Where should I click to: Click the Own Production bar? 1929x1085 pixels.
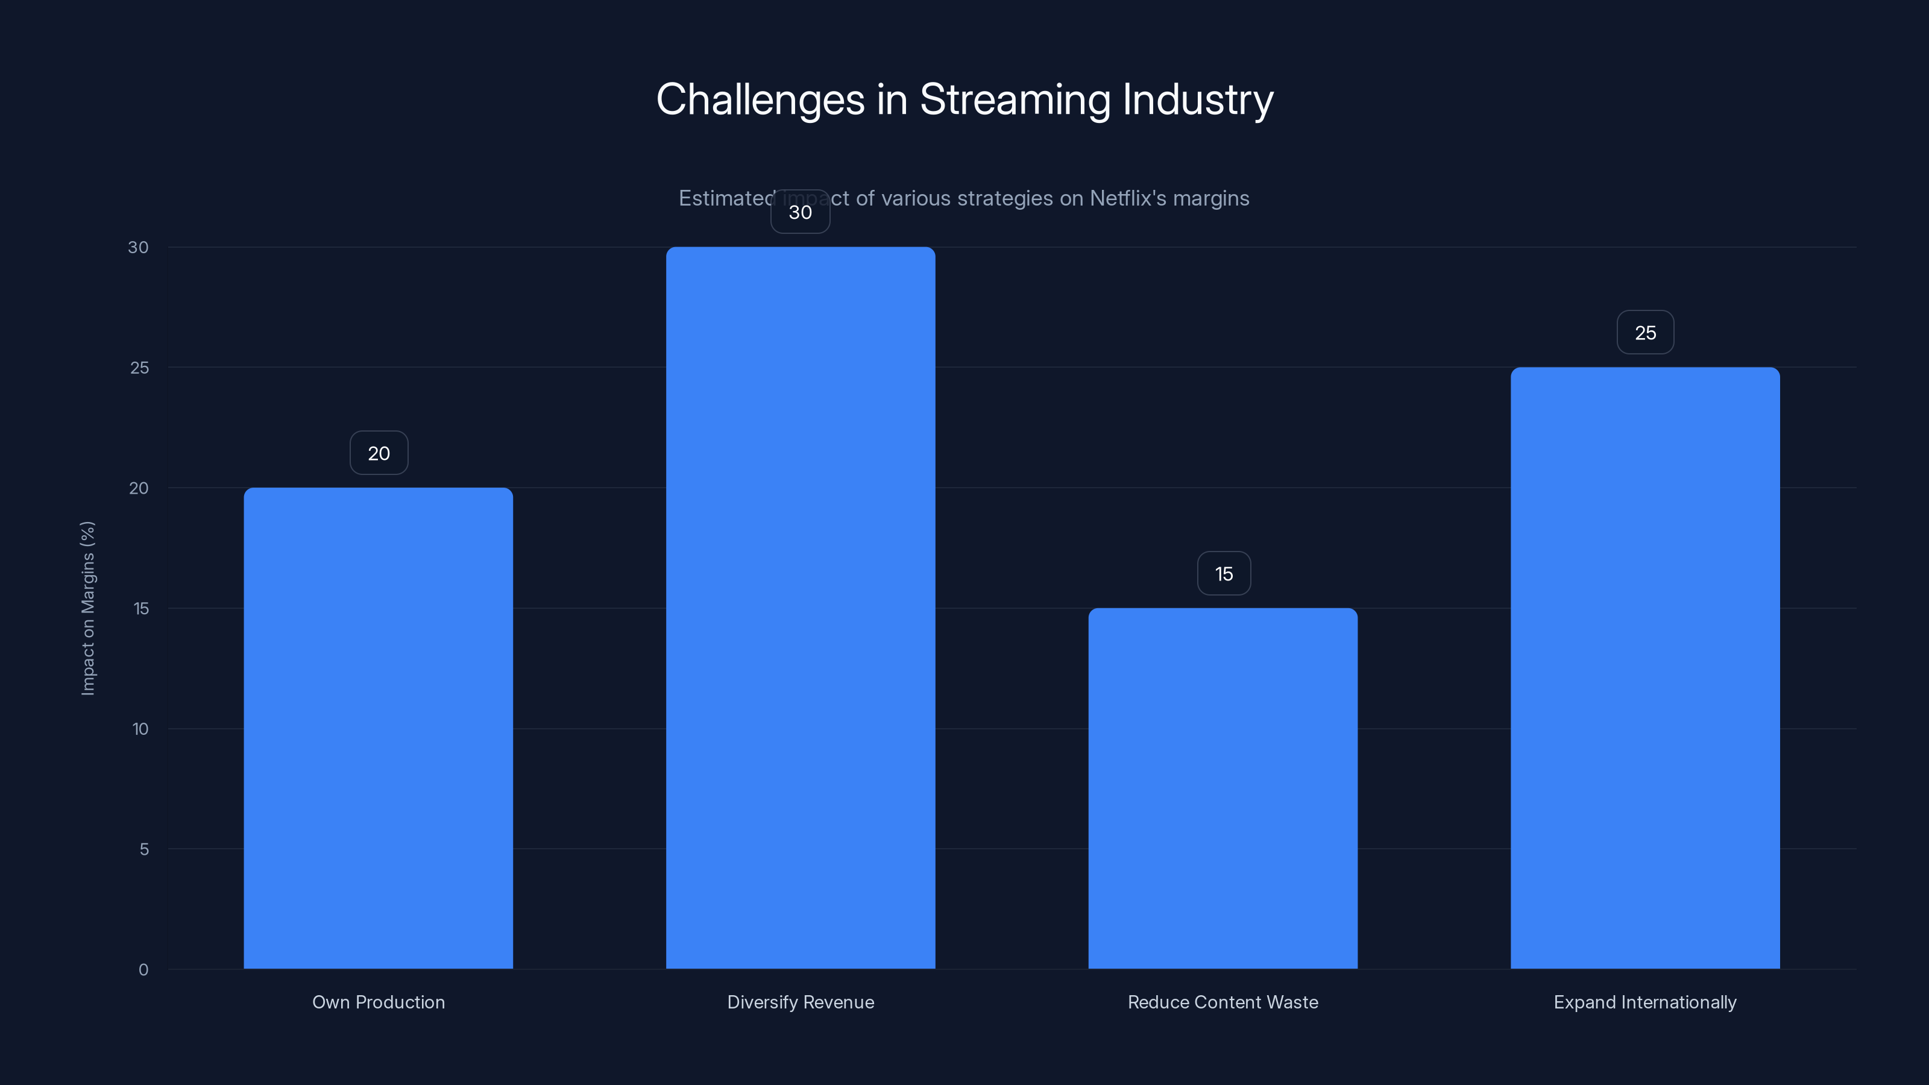(378, 728)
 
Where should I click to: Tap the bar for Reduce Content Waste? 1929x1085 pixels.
(1223, 788)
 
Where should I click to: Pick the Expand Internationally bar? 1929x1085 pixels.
(1645, 667)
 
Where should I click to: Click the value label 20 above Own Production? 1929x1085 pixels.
(379, 453)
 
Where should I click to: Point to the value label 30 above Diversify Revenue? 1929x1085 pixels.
(801, 212)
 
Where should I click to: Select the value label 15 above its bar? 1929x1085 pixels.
(1224, 574)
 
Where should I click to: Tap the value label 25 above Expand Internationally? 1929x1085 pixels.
(1645, 333)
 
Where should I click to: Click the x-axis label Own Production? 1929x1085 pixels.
(378, 1002)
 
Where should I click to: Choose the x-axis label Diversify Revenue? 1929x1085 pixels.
(801, 1002)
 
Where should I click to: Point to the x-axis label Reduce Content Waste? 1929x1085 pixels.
(1223, 1002)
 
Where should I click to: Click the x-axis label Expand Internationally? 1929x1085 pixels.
(1644, 1002)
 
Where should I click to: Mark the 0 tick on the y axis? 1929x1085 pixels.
(143, 970)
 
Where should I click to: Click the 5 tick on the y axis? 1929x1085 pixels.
(144, 849)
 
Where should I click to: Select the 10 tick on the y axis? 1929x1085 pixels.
(140, 729)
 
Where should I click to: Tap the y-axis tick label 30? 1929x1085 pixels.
(138, 247)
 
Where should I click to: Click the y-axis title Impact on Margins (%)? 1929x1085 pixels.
(87, 608)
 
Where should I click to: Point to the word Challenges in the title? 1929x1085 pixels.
(760, 99)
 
